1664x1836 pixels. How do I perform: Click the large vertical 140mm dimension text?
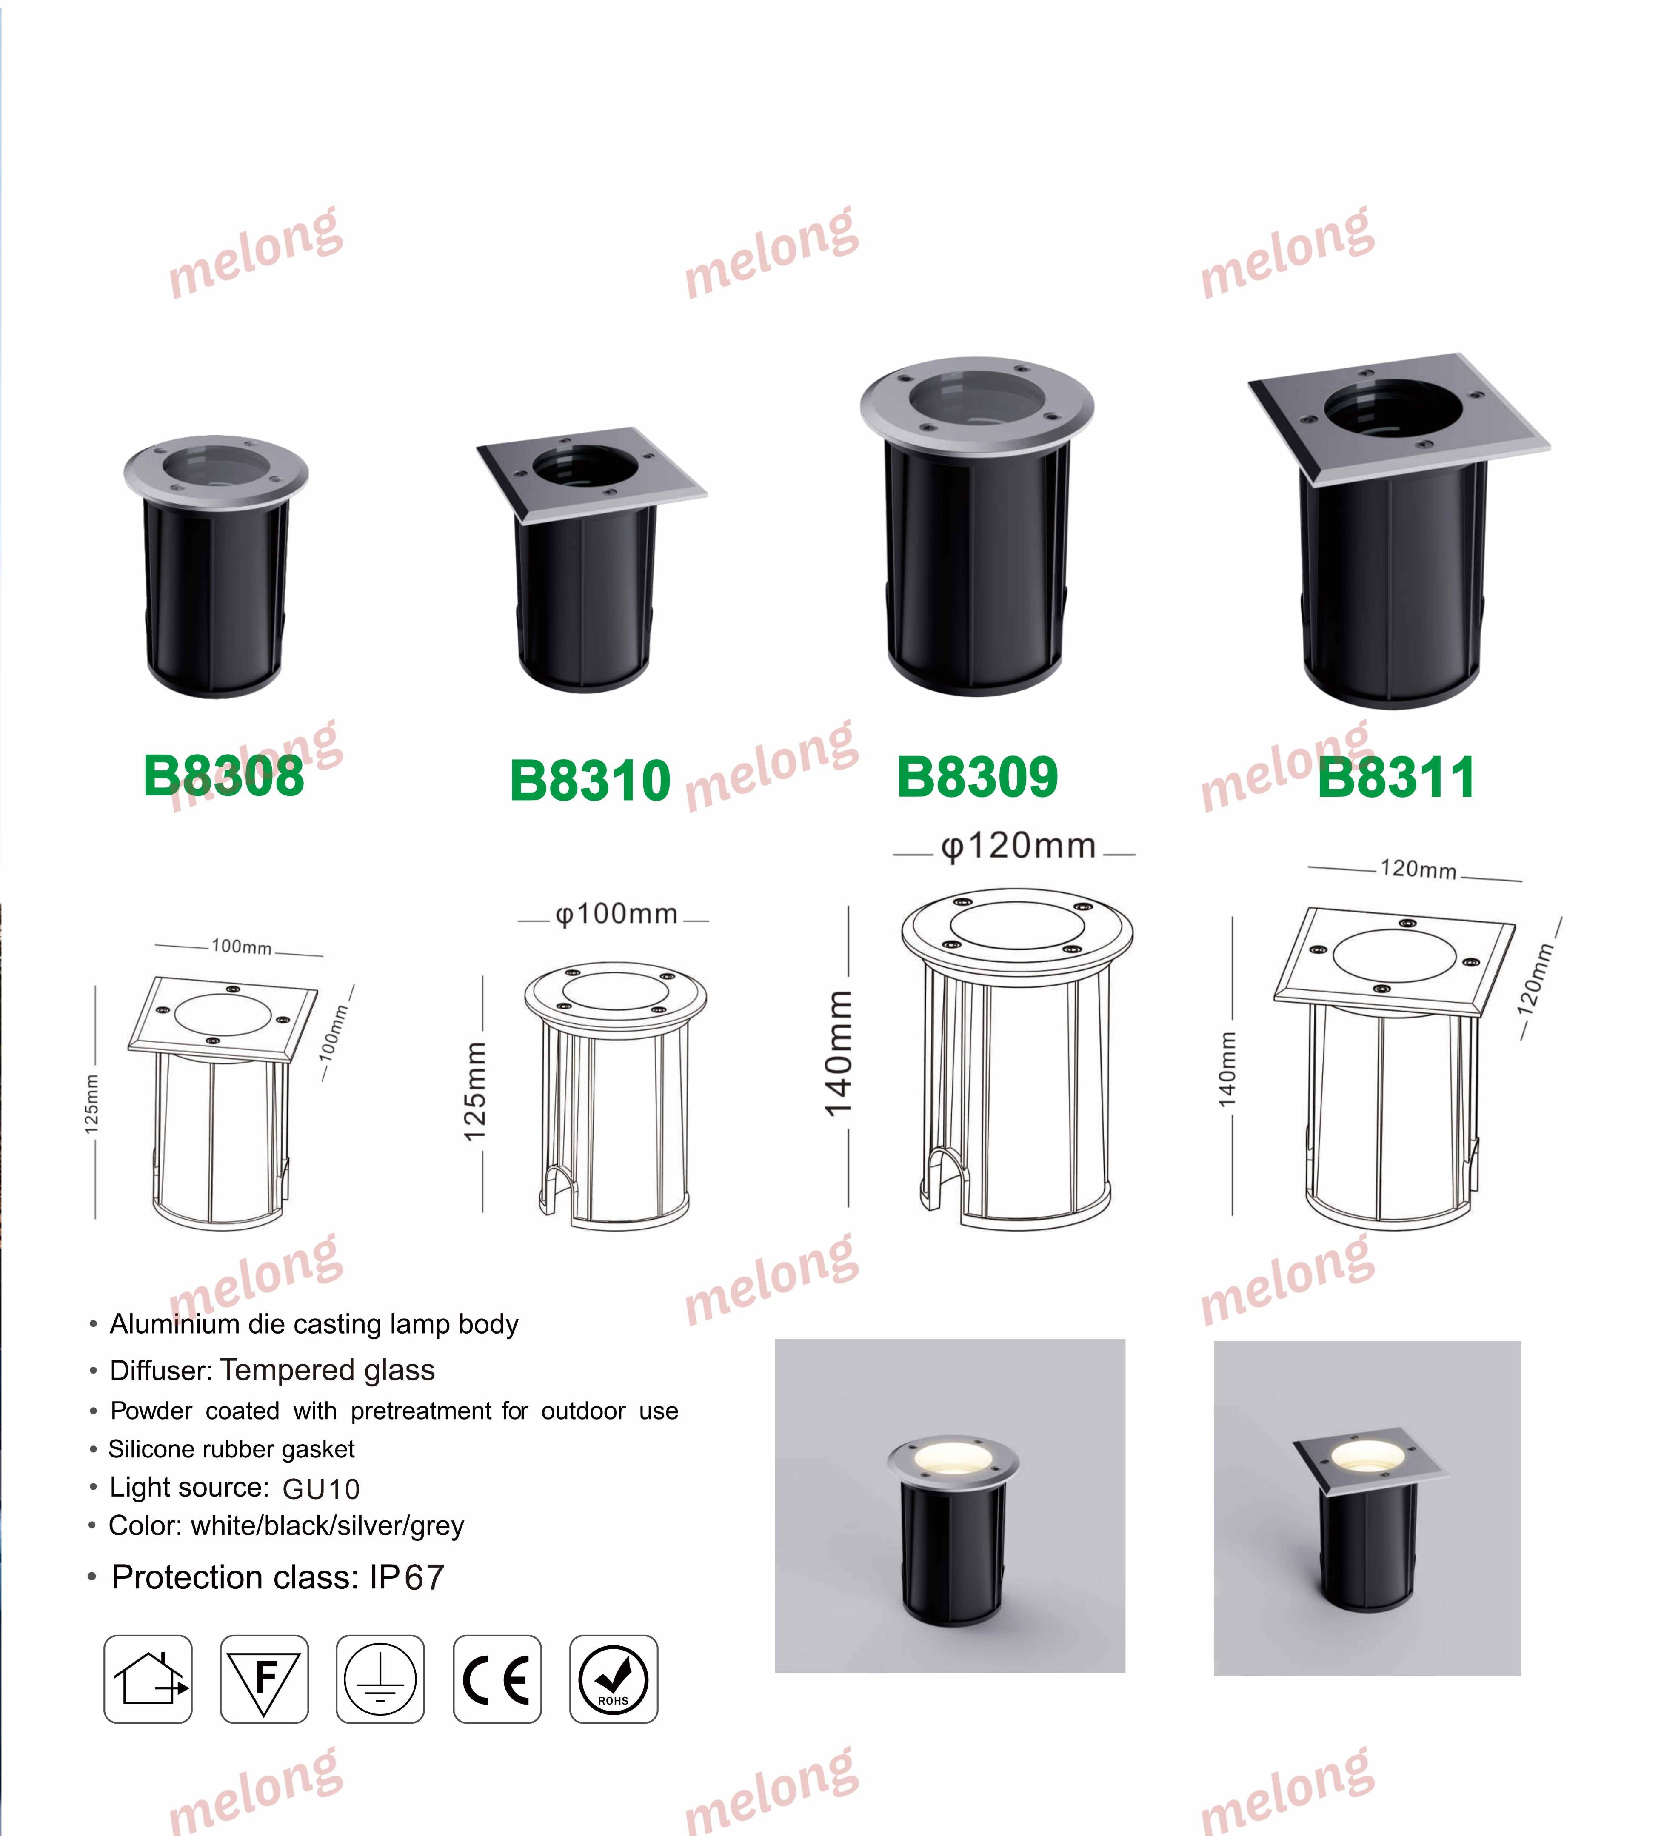click(x=838, y=1053)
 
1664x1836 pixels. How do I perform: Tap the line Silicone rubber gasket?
click(x=231, y=1449)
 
